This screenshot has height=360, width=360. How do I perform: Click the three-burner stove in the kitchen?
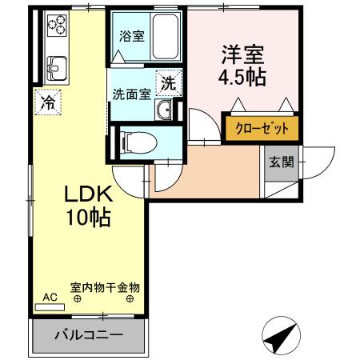coord(58,27)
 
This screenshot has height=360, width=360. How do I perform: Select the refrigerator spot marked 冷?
coord(48,102)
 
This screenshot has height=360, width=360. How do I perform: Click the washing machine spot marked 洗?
coord(170,82)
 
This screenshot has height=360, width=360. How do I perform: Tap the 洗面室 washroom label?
coord(131,93)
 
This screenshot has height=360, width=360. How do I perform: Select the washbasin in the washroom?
coord(164,110)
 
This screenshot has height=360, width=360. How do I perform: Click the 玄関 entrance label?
coord(280,162)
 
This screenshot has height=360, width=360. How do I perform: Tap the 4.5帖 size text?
coord(242,78)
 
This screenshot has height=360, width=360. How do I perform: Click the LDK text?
coord(89,194)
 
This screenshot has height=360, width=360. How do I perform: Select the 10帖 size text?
coord(89,217)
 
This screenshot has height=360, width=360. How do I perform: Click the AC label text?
coord(50,297)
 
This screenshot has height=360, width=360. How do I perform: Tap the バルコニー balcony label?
coord(89,334)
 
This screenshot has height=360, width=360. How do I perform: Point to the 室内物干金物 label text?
coord(105,286)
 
